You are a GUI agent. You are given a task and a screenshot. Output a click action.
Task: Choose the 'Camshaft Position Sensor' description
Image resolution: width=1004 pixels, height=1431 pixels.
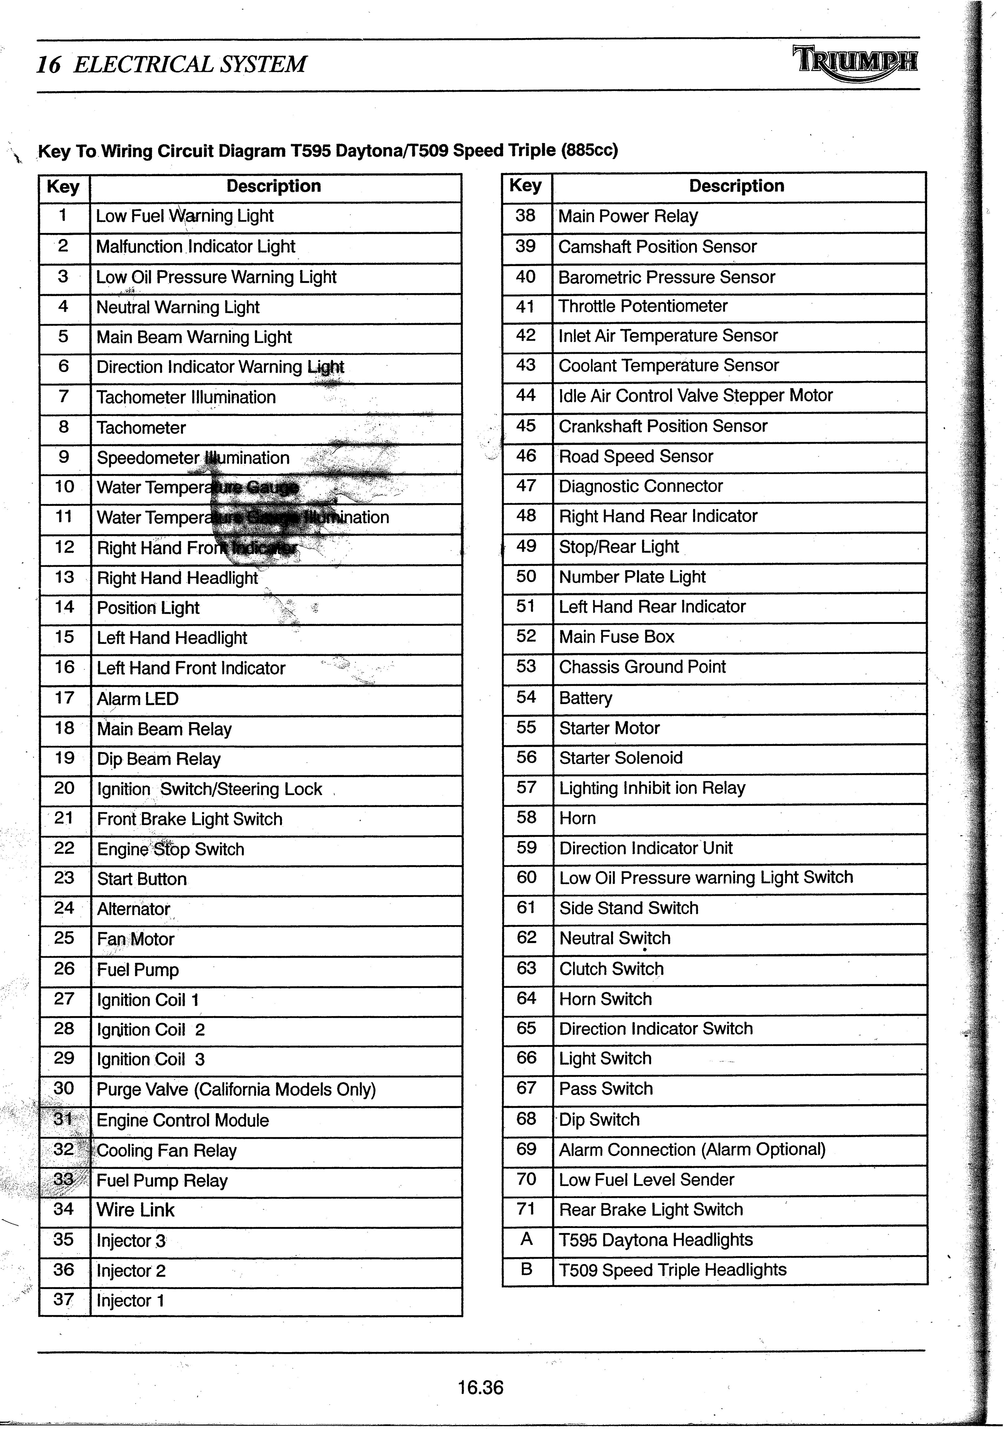pos(657,247)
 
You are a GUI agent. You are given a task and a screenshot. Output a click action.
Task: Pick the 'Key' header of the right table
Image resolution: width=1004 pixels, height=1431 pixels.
pos(526,186)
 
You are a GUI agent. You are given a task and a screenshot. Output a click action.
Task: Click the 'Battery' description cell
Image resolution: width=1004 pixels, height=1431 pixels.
pos(586,698)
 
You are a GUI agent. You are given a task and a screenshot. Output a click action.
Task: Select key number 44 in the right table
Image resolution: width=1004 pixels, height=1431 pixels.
pos(526,395)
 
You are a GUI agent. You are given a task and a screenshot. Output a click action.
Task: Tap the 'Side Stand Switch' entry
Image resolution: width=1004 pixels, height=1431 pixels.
pos(629,908)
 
